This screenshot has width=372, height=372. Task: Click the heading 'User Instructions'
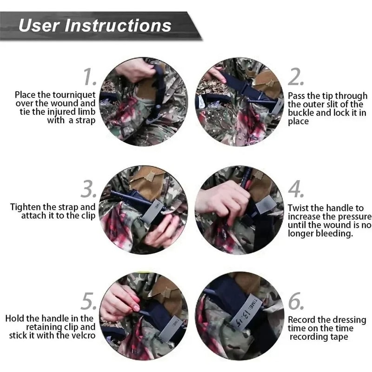95,25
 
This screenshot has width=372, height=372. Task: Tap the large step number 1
90,76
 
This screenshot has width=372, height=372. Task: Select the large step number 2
296,77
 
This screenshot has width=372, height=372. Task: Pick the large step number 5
89,302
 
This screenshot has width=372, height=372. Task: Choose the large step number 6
296,302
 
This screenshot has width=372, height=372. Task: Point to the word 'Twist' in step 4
299,208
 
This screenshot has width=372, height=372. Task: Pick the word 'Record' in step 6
303,320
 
